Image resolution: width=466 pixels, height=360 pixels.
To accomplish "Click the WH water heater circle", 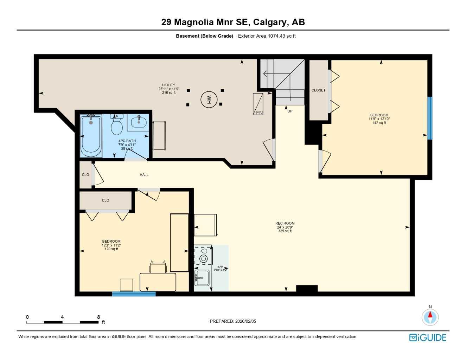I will point(209,99).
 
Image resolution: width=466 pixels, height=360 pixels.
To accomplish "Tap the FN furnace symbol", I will point(258,104).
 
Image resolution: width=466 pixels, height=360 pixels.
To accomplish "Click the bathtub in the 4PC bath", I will point(91,136).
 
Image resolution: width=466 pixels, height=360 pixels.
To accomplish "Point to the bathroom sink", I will point(138,122).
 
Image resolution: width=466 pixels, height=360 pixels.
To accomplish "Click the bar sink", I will point(202,278).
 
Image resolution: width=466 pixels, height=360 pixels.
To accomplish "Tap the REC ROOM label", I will point(285,223).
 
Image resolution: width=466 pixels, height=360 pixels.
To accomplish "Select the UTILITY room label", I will point(168,85).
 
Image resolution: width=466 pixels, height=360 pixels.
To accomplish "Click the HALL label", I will point(144,175).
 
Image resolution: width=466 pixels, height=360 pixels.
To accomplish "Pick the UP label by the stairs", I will point(290,111).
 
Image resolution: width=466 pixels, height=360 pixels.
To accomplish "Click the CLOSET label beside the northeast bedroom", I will point(318,90).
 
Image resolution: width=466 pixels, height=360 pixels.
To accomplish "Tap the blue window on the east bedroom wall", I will point(429,118).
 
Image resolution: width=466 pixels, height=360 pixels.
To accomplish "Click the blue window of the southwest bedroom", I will point(134,294).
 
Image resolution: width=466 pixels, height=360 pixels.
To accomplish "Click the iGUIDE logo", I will point(428,337).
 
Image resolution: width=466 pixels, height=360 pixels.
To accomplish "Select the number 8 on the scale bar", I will point(98,317).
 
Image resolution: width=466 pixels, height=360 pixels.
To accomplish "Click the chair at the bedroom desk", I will point(158,267).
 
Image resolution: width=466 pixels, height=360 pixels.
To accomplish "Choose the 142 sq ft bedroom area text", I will point(379,123).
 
